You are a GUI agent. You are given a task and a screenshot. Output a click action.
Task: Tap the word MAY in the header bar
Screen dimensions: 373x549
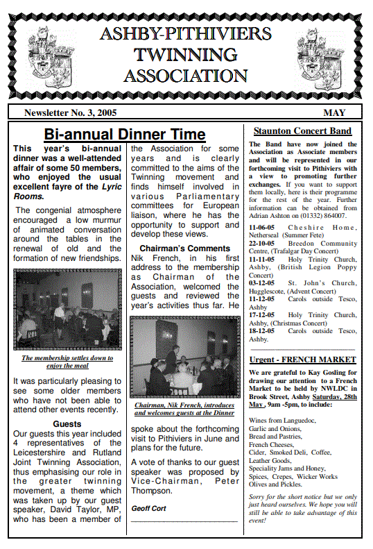(334, 112)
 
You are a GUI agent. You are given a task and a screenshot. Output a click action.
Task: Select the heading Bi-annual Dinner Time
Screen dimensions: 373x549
(125, 135)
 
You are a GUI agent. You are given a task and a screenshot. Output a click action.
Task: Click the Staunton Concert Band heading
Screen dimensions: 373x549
(302, 130)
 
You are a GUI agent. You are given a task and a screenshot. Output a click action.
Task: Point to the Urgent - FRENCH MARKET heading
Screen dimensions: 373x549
(302, 360)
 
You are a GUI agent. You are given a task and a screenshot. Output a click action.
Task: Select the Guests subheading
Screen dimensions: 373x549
(67, 424)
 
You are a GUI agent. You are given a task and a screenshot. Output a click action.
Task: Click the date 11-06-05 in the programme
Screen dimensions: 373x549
(261, 227)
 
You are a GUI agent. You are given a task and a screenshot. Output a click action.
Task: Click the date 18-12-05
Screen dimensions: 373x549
(261, 331)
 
